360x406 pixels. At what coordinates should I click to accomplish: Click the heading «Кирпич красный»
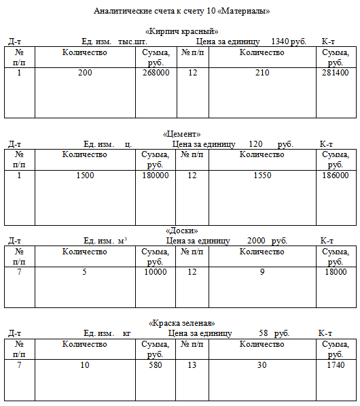point(182,31)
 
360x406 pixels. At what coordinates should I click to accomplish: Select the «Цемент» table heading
point(182,134)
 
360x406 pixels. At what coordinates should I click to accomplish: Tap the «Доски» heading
point(182,231)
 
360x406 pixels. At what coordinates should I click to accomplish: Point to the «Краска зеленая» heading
point(182,323)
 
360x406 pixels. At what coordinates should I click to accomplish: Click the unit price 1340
point(280,41)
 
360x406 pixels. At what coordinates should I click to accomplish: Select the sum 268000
point(156,73)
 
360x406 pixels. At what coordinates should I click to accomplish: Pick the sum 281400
point(336,73)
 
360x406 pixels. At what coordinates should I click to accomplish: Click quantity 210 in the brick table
point(262,73)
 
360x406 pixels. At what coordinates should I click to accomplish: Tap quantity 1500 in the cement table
point(85,175)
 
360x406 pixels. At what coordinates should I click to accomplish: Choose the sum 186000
point(336,175)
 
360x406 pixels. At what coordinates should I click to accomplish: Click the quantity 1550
point(262,175)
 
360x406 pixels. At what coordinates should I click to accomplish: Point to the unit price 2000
point(256,241)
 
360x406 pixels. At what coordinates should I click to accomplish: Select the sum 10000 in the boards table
point(156,272)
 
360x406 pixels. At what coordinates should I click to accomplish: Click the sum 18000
point(336,272)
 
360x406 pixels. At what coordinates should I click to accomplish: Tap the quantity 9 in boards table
point(262,272)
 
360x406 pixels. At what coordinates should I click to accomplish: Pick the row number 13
point(192,365)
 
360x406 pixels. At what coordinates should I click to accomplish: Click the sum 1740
point(336,365)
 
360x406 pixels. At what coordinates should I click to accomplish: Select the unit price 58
point(264,333)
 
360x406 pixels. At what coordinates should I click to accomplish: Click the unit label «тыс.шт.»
point(132,41)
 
